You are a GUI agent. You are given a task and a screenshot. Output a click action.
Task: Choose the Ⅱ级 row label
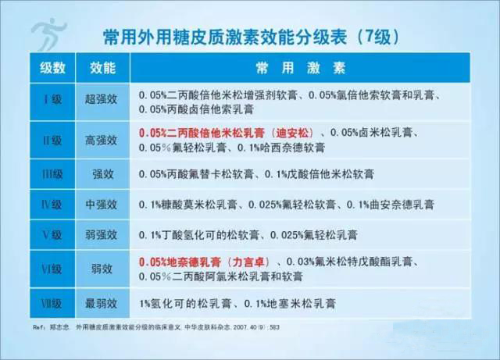tap(52, 140)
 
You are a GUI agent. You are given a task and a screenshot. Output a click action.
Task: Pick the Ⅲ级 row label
tap(52, 173)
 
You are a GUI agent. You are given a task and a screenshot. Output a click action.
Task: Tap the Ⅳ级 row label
tap(52, 205)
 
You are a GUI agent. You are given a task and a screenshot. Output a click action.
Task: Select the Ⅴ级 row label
tap(52, 234)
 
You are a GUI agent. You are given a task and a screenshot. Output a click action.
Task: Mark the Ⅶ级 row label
tap(52, 301)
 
